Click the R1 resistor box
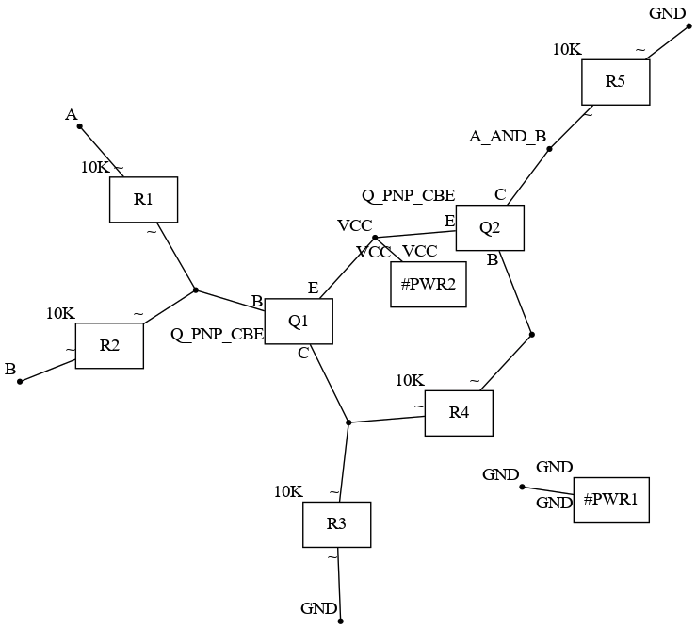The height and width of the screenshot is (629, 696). point(143,199)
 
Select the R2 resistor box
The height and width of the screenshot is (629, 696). point(109,345)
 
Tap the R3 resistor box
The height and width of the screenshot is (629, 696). point(336,524)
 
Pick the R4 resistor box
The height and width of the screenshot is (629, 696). point(459,412)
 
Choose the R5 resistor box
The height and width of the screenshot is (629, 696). point(615,81)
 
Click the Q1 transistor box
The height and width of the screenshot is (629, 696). point(299,322)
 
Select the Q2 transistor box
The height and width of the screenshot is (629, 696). point(490,227)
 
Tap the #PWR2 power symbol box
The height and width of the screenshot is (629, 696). point(429,284)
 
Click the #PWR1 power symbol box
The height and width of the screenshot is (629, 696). point(611,500)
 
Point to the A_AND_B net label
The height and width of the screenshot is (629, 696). point(508,137)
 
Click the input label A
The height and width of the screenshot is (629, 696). point(71,115)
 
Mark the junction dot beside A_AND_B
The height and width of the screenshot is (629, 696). point(549,148)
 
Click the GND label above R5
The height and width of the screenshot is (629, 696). point(668,13)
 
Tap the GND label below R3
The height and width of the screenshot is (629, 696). point(318,608)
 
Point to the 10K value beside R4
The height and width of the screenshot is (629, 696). point(410,381)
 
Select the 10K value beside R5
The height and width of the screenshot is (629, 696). point(567,49)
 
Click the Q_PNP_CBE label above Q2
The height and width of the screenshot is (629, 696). point(409,195)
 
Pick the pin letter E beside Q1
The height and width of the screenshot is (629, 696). point(313,288)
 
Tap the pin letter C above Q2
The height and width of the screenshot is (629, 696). point(500,194)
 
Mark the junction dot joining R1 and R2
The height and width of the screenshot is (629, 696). point(195,290)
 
